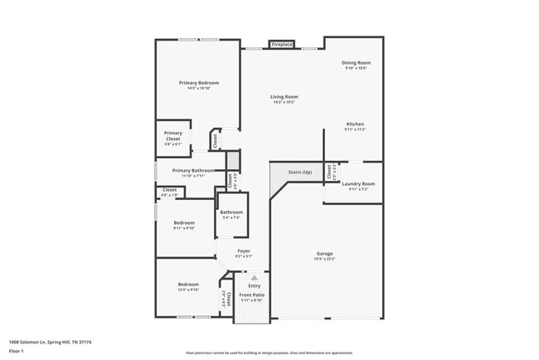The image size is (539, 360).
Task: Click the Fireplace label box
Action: (282, 44)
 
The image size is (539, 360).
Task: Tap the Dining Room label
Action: (357, 63)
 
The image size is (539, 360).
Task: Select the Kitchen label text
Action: (356, 124)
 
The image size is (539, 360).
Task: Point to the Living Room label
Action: (283, 97)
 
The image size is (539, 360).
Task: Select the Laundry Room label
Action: (358, 183)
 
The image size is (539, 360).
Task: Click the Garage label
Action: (324, 254)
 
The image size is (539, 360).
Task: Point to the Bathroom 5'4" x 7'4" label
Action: (231, 212)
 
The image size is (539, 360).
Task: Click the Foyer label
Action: (244, 251)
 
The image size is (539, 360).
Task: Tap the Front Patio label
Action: (252, 295)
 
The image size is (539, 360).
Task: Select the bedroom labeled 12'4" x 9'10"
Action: (187, 285)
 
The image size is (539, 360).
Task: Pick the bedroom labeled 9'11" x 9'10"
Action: (184, 223)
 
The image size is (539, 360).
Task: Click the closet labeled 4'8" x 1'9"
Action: (169, 190)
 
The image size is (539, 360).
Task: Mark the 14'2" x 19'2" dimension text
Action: (283, 103)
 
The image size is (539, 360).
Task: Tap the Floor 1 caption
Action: (17, 351)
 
